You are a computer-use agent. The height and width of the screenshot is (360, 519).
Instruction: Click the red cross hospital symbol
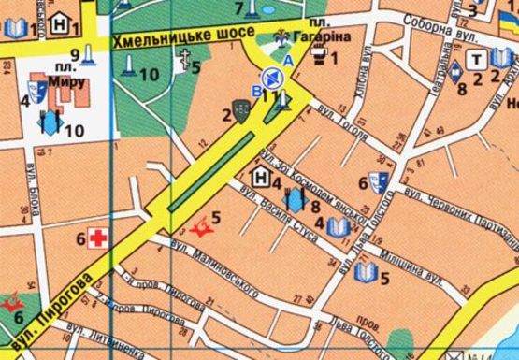[97, 237]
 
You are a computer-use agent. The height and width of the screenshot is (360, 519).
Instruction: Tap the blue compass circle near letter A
[271, 79]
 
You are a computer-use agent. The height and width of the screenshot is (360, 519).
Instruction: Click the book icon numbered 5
[367, 272]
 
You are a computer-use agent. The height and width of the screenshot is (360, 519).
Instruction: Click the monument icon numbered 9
[89, 56]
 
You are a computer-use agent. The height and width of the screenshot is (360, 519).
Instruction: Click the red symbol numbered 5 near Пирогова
[199, 225]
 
